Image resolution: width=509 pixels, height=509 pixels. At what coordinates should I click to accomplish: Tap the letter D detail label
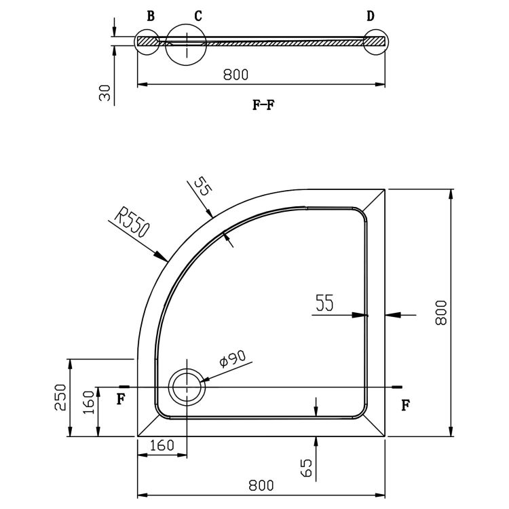(x=371, y=16)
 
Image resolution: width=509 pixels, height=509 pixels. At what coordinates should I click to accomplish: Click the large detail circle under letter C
(x=185, y=43)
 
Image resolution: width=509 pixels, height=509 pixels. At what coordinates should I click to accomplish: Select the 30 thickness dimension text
(x=105, y=92)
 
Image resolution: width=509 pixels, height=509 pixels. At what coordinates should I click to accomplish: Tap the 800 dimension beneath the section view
(x=235, y=75)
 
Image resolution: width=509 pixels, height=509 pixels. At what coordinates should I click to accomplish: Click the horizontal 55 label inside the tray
(x=324, y=304)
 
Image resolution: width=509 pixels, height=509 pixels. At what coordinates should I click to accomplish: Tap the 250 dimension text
(x=60, y=397)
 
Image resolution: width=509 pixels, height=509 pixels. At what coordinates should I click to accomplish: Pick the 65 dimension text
(x=306, y=468)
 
